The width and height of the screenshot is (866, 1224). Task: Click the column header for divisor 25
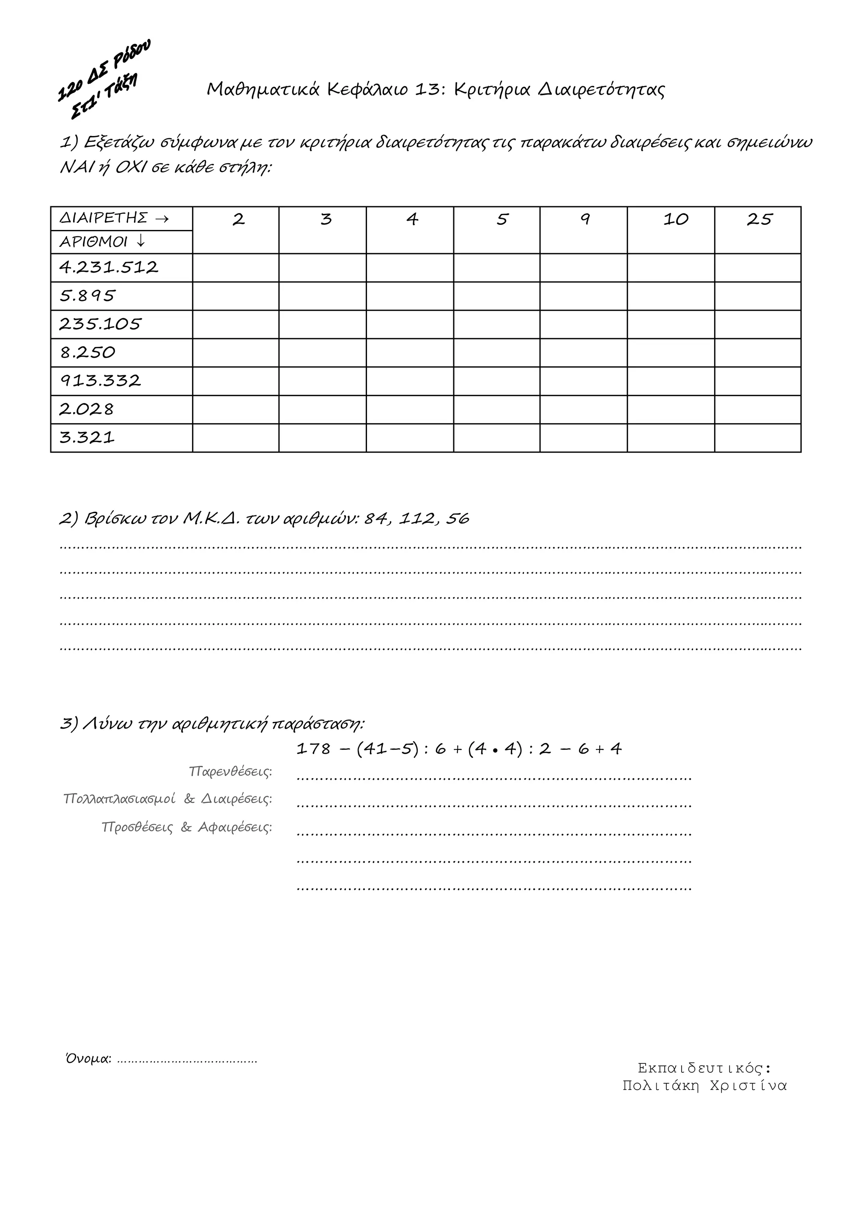[x=759, y=219]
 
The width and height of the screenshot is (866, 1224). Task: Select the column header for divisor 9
[x=584, y=219]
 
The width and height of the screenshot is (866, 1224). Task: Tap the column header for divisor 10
[x=676, y=219]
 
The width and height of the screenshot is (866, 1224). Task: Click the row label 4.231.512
[x=109, y=267]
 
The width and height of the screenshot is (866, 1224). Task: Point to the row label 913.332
[x=100, y=381]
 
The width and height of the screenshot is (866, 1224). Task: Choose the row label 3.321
[x=87, y=438]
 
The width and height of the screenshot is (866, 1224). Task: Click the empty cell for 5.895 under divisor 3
[x=323, y=296]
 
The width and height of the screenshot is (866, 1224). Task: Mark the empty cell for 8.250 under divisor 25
[x=758, y=352]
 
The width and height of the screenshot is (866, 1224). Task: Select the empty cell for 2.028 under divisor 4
[x=410, y=410]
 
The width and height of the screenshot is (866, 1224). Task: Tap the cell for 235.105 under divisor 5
[x=496, y=324]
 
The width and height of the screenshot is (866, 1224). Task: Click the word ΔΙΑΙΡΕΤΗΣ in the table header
[x=104, y=218]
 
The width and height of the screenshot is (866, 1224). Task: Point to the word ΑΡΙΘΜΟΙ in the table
[x=93, y=242]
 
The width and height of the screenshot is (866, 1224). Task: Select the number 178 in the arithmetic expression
[x=314, y=749]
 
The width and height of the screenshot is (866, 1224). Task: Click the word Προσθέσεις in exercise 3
[x=137, y=828]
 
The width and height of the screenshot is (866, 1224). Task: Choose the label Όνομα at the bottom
[x=88, y=1059]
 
